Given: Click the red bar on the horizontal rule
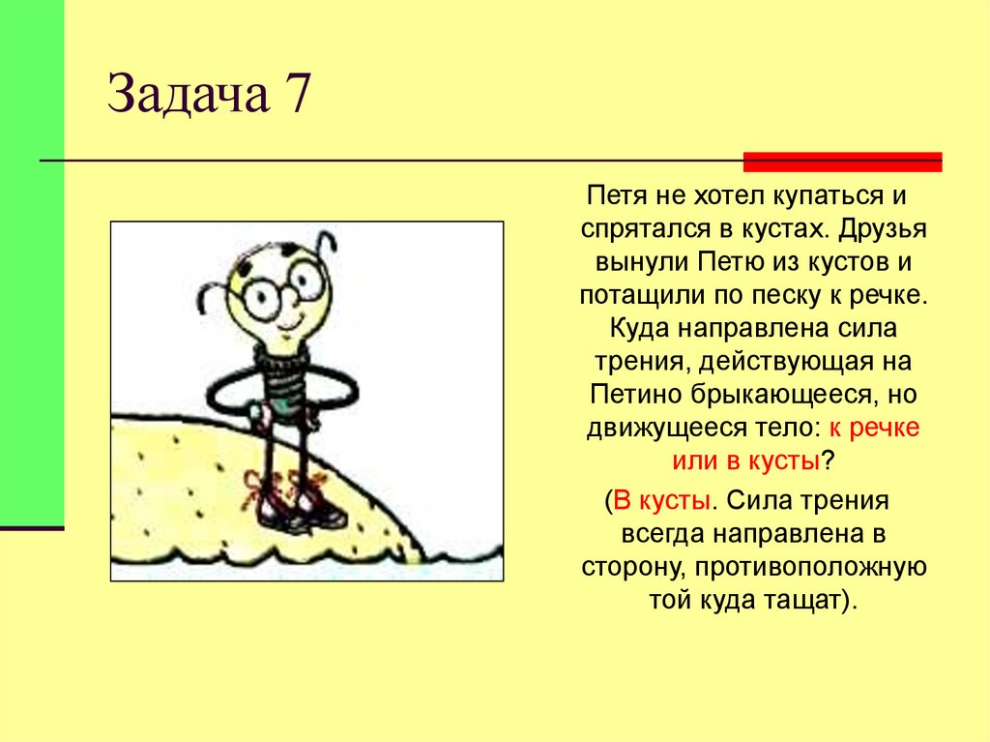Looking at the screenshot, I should coord(842,162).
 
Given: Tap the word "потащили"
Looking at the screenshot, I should coord(631,294).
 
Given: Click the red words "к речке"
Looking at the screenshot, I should coord(874,427).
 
